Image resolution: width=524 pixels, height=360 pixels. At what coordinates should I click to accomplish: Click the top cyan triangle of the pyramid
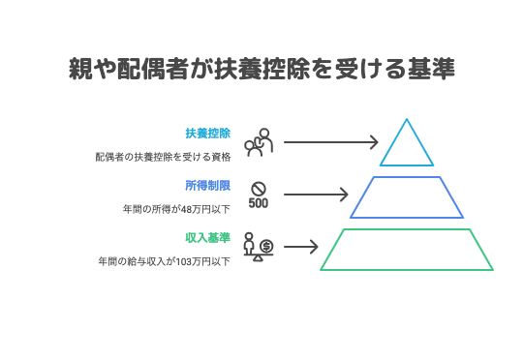tap(407, 148)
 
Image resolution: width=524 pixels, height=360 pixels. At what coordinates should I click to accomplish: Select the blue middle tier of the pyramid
tap(407, 197)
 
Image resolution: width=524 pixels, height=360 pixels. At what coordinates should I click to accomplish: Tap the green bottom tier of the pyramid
tap(407, 249)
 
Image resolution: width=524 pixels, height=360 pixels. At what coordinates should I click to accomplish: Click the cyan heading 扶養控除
tap(208, 133)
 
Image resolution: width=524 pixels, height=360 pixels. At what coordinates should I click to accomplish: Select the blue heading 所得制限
tap(208, 185)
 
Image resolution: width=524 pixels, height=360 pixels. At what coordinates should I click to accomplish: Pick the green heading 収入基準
tap(208, 237)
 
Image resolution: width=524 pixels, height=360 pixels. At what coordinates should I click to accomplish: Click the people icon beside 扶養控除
tap(258, 142)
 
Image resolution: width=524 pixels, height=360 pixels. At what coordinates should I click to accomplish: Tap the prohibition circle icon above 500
tap(259, 188)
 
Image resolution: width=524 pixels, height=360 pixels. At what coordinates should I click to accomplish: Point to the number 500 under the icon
tap(259, 203)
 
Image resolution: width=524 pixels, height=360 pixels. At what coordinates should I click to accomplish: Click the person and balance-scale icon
tap(258, 248)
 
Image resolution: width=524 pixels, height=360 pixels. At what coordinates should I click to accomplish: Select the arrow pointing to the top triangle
tap(330, 142)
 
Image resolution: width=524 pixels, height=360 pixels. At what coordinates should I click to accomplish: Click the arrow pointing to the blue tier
tap(316, 195)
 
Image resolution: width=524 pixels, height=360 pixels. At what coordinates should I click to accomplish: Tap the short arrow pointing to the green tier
tap(301, 247)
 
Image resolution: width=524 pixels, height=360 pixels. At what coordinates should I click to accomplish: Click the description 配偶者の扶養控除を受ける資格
tap(163, 156)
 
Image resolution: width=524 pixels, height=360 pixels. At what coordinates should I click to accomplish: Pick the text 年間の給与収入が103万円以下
tap(164, 261)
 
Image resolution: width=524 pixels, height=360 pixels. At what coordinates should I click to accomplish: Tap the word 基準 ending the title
tap(432, 71)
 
